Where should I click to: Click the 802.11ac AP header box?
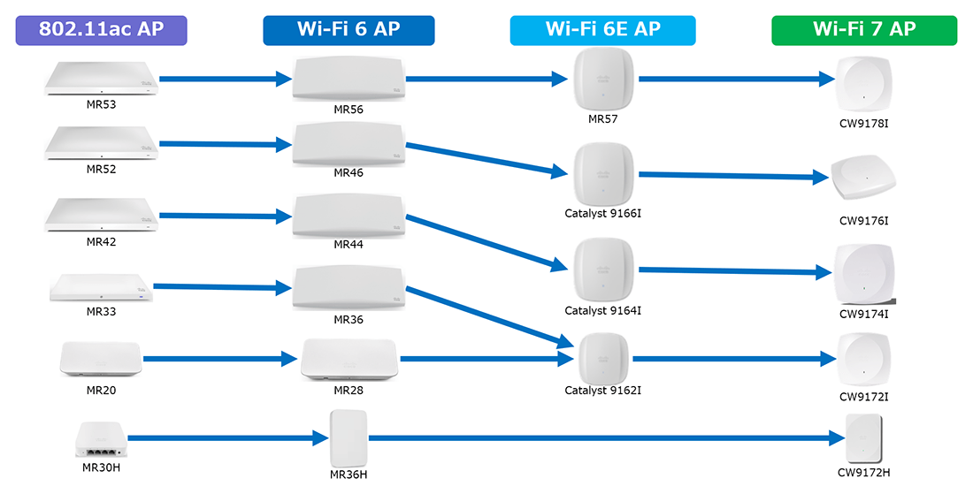[102, 30]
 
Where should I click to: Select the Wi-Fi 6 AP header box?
[349, 30]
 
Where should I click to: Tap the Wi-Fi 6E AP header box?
[602, 30]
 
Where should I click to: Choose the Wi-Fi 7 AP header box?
[863, 30]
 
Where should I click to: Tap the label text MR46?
[349, 173]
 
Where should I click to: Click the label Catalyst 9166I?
[602, 213]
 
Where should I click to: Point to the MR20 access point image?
[101, 359]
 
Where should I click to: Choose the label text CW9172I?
[863, 396]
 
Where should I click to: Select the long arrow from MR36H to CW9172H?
[601, 437]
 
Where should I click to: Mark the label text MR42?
[102, 241]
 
